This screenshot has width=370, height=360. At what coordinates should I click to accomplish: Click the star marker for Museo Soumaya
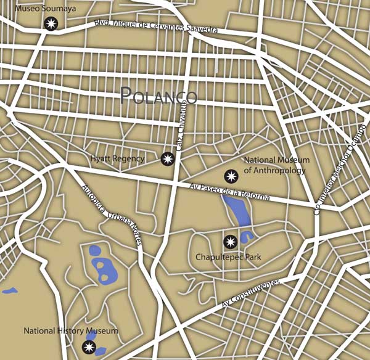(51, 24)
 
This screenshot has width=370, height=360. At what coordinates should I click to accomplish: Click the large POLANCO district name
(158, 96)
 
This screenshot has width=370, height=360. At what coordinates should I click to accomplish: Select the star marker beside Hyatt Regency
(166, 159)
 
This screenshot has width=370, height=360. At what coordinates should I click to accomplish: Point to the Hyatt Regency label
(117, 159)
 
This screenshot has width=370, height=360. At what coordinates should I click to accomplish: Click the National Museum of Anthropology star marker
(231, 176)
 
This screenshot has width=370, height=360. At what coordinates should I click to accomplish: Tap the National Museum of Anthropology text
(276, 165)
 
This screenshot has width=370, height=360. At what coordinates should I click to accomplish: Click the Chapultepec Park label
(228, 256)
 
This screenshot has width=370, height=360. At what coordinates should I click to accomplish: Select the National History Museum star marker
(89, 348)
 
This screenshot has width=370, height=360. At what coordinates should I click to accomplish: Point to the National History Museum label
(70, 332)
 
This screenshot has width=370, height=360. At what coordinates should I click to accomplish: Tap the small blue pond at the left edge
(9, 290)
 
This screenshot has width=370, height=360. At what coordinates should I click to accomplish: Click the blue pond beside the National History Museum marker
(100, 351)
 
